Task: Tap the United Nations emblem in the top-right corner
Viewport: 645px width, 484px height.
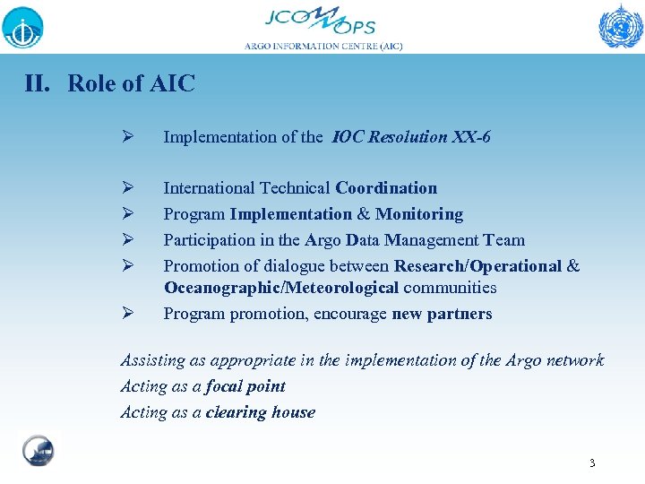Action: pos(620,26)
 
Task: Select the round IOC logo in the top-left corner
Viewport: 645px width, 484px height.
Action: pos(22,26)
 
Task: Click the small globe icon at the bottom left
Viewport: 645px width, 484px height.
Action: pos(38,450)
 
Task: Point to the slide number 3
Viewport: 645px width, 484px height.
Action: pos(592,463)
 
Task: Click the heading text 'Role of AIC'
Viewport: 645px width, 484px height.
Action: pos(131,84)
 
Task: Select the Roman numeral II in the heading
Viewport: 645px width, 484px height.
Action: pos(38,84)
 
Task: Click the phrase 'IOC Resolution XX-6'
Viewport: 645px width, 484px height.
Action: pos(411,137)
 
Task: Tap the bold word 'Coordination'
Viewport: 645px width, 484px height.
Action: pos(386,188)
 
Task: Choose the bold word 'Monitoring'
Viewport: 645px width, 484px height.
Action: pos(419,214)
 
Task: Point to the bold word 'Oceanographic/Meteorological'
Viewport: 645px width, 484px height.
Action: pos(281,288)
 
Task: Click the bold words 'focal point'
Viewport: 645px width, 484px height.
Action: pos(245,386)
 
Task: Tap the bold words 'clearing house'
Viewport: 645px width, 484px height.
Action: pos(260,412)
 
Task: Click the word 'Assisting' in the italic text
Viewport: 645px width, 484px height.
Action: pos(151,360)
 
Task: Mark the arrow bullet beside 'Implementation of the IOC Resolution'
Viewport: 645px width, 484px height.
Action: pos(128,137)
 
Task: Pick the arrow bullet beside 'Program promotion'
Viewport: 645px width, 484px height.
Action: pos(128,314)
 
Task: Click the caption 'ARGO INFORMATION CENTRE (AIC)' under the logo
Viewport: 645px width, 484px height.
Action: pos(323,46)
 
